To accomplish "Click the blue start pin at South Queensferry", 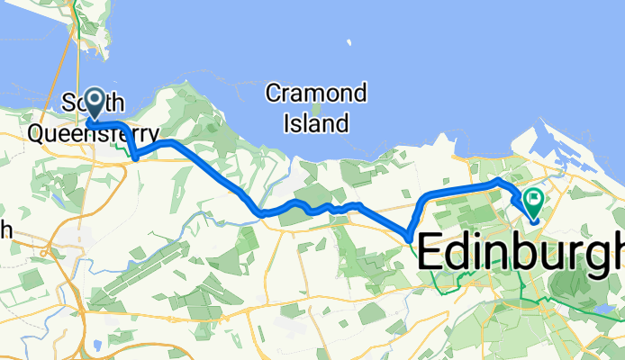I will pos(94,102).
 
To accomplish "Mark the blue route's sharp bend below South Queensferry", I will pos(134,157).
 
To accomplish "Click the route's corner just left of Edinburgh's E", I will pos(410,238).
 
